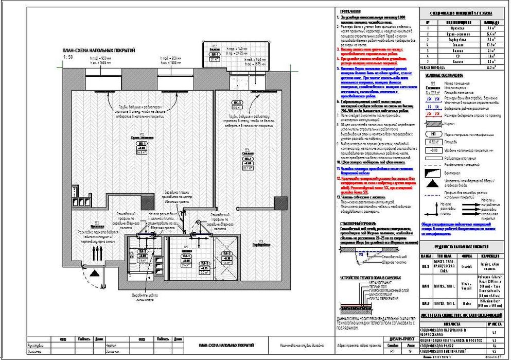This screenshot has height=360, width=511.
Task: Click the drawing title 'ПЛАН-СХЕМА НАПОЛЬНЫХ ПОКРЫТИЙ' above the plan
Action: pos(98,50)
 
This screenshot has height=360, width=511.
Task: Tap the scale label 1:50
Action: pos(66,58)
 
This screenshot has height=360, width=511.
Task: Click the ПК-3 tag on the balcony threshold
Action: pos(237,102)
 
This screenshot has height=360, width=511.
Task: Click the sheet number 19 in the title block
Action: pos(411,352)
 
